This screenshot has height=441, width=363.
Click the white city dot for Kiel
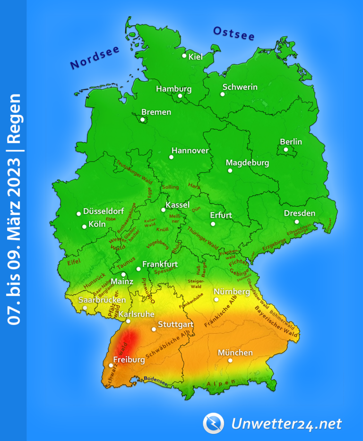coord(184,56)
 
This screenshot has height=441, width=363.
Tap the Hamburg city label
coord(173,89)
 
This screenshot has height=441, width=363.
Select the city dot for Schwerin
coord(223,94)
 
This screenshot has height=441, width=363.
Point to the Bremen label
coord(156,112)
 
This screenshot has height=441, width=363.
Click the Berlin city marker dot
coord(286,150)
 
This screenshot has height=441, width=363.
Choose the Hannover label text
coord(190,151)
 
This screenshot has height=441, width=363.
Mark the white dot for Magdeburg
coord(230,170)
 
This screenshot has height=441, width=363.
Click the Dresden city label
coord(299,213)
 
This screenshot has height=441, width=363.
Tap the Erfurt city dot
coord(213,224)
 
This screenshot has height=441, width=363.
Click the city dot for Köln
coord(85,227)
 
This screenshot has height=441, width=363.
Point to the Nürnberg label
coord(231,292)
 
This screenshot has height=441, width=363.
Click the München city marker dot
coord(230,360)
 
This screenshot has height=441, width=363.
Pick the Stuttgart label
coord(175,324)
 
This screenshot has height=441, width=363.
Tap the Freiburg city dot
coord(111,365)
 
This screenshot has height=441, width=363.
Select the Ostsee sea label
coord(233,33)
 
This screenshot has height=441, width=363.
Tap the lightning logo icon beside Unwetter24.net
coord(213,423)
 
